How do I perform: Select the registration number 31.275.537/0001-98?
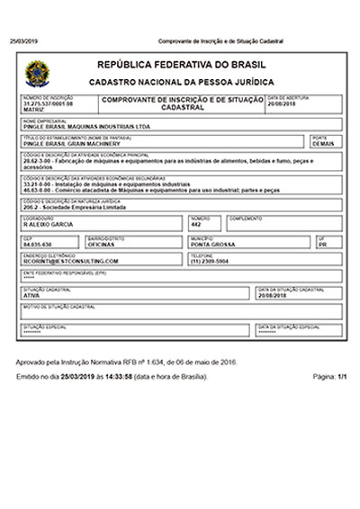tap(48, 104)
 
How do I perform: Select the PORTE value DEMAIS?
tap(322, 143)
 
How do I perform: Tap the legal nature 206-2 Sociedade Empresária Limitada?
tap(80, 207)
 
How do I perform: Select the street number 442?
tap(196, 224)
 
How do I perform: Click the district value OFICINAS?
tap(102, 243)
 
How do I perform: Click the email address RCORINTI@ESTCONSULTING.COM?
tap(71, 260)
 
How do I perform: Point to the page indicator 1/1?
tap(340, 376)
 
